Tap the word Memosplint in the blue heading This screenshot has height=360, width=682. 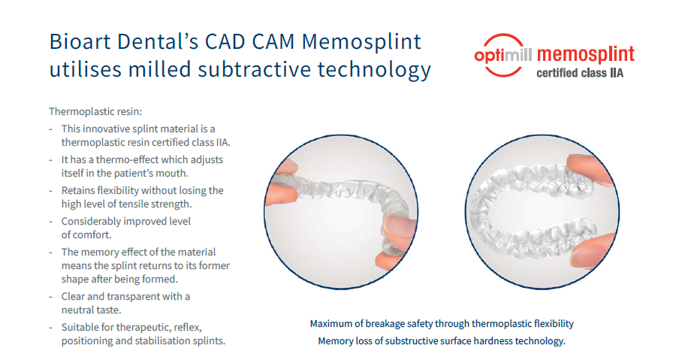tap(361, 43)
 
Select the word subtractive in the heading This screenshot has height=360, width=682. tap(254, 70)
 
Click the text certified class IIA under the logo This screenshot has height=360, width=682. tap(580, 73)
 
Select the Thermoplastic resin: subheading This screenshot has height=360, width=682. tap(95, 111)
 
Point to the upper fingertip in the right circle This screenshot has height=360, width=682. tap(587, 171)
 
